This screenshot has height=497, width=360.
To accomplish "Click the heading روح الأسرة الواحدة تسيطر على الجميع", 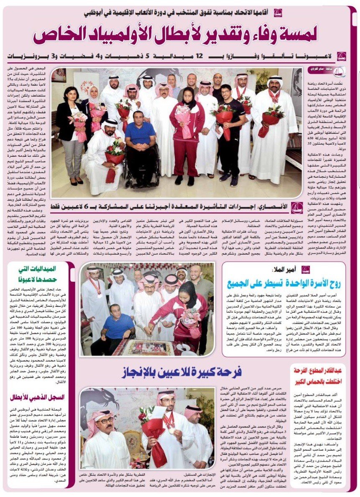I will (284, 284).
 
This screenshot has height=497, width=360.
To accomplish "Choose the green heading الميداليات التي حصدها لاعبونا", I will (40, 274).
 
